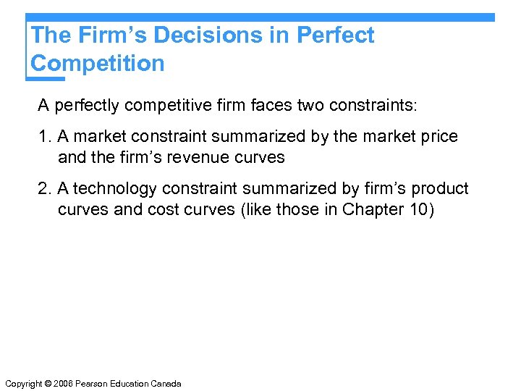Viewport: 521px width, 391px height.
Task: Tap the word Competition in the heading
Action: coord(98,64)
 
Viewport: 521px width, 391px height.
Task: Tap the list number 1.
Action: coord(43,137)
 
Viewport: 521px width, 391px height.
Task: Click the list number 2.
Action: coord(43,189)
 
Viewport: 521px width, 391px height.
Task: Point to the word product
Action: coord(440,189)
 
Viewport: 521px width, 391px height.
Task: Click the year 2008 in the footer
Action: coord(68,383)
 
